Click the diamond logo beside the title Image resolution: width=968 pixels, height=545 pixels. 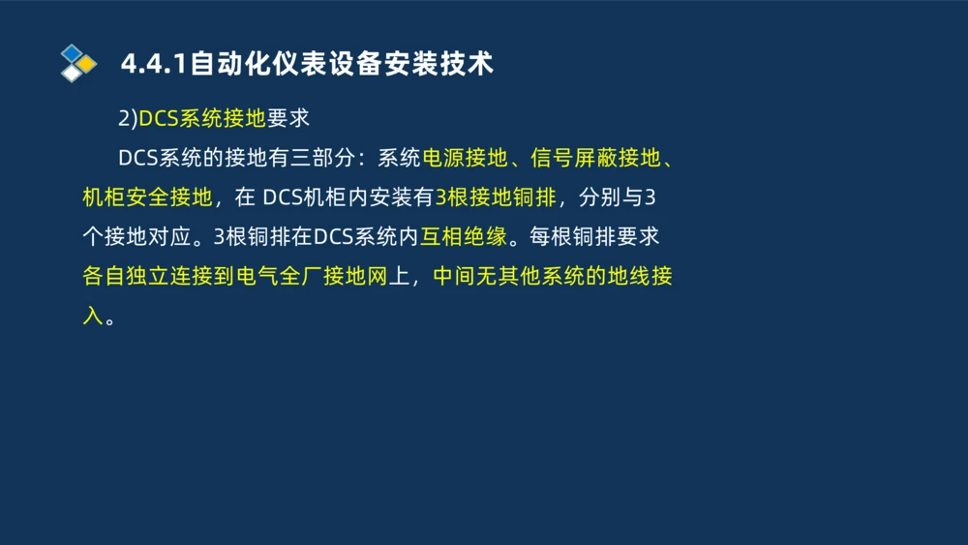tap(78, 63)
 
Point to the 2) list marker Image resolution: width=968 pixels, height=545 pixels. tap(128, 119)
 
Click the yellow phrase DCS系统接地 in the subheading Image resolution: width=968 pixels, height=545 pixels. tap(202, 119)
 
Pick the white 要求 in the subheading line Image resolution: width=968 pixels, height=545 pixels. tap(287, 119)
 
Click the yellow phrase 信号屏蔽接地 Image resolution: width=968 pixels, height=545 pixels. tap(594, 159)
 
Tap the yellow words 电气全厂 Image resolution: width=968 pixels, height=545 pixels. tap(279, 277)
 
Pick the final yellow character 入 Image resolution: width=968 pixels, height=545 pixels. tap(93, 317)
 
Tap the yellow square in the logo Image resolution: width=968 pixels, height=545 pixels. tap(88, 64)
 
